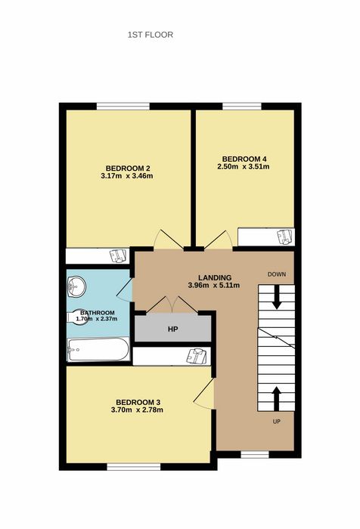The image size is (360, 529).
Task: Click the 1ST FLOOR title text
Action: pos(151,35)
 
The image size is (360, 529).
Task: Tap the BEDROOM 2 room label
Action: pos(128,169)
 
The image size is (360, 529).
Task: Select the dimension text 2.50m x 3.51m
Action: pos(244,166)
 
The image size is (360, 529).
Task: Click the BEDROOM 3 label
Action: pos(138,403)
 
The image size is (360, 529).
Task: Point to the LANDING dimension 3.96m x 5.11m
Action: pos(214,285)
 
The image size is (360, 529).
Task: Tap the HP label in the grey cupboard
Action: pos(172,329)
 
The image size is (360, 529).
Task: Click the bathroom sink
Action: pos(76,287)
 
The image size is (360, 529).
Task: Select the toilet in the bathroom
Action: pos(78,317)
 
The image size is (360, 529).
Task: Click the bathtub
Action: pos(98,349)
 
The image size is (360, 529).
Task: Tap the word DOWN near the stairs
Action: pos(277,274)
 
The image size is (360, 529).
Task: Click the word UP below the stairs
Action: pos(277,422)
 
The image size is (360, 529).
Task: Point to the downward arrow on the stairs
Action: pos(277,298)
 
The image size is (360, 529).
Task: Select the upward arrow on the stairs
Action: pos(277,399)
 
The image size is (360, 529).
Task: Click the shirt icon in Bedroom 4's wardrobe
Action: pos(284,237)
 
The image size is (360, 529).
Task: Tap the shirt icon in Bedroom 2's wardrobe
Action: pos(118,255)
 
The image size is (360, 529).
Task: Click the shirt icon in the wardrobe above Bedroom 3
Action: pos(197,356)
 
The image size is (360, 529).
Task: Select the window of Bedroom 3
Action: pos(134,466)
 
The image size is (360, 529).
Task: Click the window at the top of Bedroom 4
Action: pos(242,107)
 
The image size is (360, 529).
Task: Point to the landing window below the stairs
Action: pos(255,454)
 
